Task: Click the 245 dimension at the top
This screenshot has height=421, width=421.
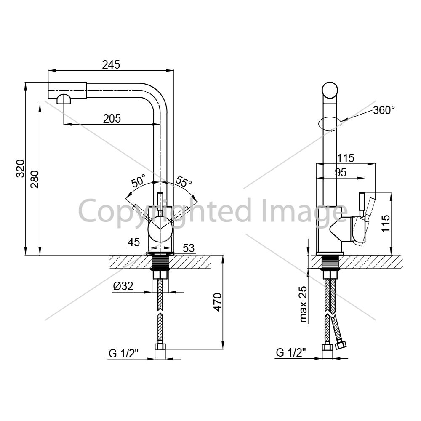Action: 111,65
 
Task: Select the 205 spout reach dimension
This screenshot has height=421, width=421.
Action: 112,118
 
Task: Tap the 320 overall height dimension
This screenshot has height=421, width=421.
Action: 20,168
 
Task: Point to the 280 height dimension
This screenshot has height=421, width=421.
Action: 35,179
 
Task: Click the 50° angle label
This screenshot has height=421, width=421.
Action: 139,181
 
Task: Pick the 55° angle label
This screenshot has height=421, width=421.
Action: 184,181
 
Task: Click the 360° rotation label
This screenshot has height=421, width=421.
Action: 384,110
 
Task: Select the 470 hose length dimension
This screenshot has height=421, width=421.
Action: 218,302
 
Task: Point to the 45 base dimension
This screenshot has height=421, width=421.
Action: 134,242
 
